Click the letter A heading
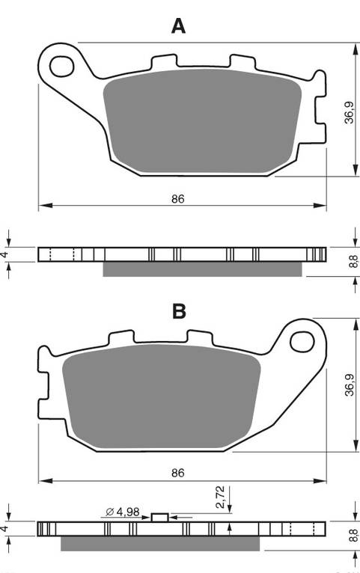point(178,26)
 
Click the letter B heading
point(178,310)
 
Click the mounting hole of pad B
point(301,342)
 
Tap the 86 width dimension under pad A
point(177,198)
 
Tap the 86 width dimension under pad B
point(177,474)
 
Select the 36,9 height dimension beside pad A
point(348,113)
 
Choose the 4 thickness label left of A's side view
point(5,254)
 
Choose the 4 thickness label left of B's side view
point(5,528)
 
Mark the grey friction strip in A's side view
point(202,269)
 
